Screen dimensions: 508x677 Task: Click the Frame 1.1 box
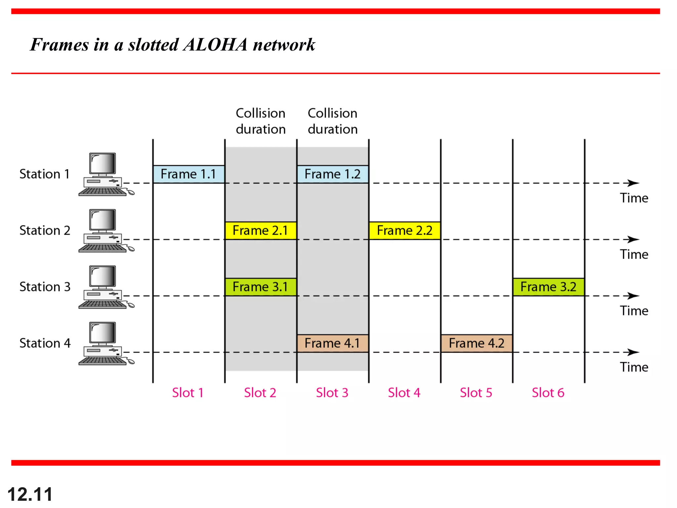[x=188, y=174]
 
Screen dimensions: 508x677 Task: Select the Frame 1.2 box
[x=333, y=174]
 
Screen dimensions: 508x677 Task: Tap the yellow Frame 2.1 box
[x=260, y=231]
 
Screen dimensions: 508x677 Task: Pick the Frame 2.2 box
[x=405, y=231]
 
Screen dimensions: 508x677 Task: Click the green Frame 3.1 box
[x=260, y=287]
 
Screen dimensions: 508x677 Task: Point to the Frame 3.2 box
[x=548, y=287]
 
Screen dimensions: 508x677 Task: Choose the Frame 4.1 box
[x=333, y=343]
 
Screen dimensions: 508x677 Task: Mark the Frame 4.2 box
[x=476, y=343]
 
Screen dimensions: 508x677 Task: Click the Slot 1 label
[x=187, y=393]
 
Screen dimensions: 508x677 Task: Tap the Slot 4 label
[x=404, y=393]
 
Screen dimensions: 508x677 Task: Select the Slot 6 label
[x=548, y=393]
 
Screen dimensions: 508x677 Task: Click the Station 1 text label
[x=45, y=174]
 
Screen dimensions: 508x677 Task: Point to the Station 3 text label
[x=45, y=287]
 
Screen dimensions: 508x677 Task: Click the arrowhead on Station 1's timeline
[x=633, y=183]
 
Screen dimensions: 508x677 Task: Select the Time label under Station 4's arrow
[x=634, y=367]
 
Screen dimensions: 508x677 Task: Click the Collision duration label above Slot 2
[x=260, y=121]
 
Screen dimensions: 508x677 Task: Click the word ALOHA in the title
[x=215, y=45]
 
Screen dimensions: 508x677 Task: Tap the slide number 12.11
[x=30, y=494]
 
